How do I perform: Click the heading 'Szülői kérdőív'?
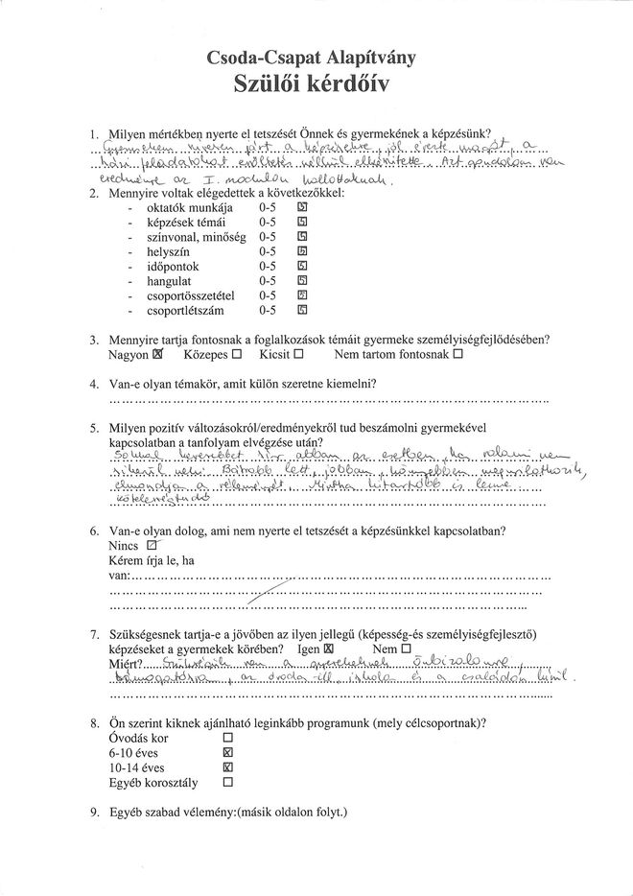pos(316,85)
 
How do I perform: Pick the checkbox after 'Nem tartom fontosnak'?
pos(457,354)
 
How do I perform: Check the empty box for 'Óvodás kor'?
pos(227,739)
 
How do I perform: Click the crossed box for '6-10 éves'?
pos(227,754)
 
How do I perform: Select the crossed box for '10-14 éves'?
pos(227,768)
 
